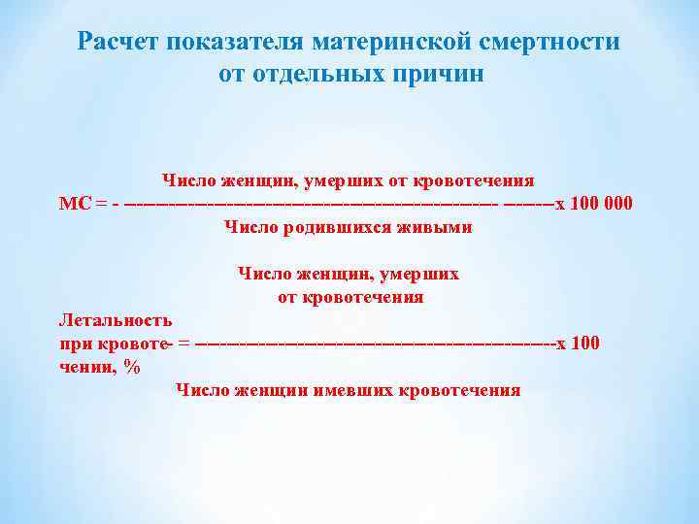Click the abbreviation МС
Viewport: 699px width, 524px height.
click(x=75, y=203)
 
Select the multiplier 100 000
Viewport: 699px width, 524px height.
click(x=599, y=203)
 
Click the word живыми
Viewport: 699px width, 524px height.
click(x=434, y=227)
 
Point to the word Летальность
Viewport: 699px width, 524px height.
click(x=116, y=319)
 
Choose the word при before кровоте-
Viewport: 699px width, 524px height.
click(x=75, y=343)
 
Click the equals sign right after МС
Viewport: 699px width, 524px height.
click(x=100, y=203)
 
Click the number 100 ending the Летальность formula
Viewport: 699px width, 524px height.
click(x=584, y=343)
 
